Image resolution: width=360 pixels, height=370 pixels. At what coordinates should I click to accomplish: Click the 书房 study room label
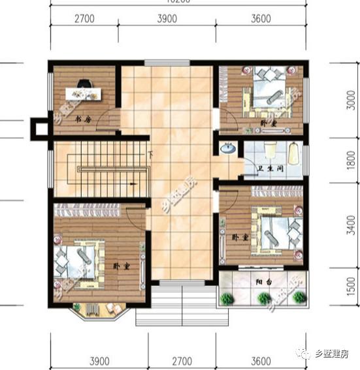click(82, 119)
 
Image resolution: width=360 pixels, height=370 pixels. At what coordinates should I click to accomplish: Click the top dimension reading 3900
click(167, 19)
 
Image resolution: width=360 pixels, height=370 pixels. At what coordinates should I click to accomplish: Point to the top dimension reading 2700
click(84, 19)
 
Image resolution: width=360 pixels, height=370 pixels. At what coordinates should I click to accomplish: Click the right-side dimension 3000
click(352, 102)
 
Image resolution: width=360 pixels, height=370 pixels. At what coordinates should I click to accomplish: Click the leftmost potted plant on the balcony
click(227, 299)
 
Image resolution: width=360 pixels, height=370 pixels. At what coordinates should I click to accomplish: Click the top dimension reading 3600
click(260, 19)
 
